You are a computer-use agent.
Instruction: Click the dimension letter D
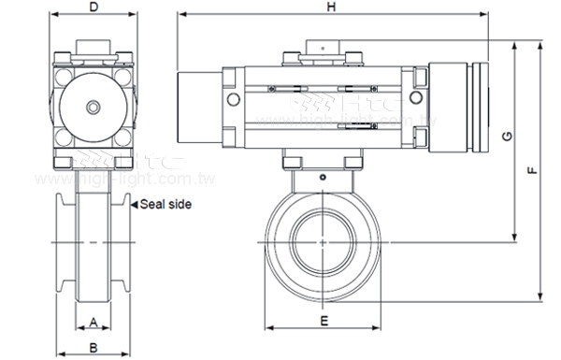click(x=93, y=7)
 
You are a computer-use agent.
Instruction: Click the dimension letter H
click(x=331, y=7)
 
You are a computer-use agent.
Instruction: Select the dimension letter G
click(x=506, y=137)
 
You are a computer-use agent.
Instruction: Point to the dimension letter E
click(x=323, y=321)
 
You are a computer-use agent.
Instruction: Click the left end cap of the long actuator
click(x=197, y=106)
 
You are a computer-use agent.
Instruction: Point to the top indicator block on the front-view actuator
click(x=323, y=50)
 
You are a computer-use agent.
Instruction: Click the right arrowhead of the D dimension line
click(x=132, y=15)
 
